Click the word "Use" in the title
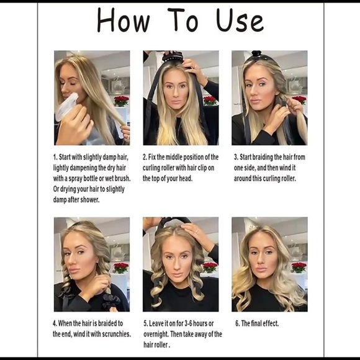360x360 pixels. (x=240, y=20)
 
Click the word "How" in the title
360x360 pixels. (x=124, y=20)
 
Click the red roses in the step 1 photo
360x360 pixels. (x=121, y=101)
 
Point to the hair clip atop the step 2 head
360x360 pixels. (x=172, y=57)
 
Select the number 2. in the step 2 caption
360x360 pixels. (x=145, y=157)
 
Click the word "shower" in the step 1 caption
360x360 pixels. (x=89, y=200)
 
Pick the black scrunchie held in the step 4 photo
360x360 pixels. (x=111, y=301)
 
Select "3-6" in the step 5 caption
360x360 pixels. (x=188, y=323)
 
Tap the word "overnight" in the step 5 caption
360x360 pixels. (x=156, y=335)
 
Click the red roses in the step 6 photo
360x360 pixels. (x=299, y=268)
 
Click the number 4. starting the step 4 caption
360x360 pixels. (x=55, y=323)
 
